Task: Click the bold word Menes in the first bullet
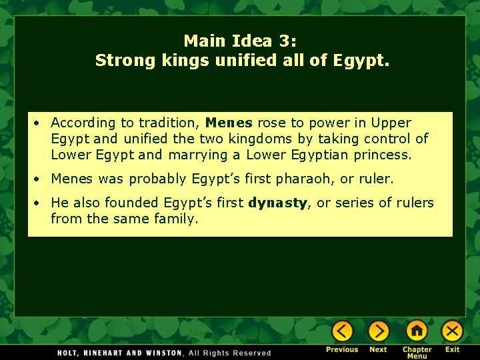click(229, 123)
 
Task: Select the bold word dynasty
click(277, 203)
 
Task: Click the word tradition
click(169, 123)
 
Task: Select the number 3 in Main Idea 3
click(286, 41)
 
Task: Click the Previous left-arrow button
click(342, 331)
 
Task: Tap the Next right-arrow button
click(378, 331)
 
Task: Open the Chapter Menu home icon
click(417, 331)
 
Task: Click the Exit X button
click(452, 331)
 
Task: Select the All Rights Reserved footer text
click(230, 353)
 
